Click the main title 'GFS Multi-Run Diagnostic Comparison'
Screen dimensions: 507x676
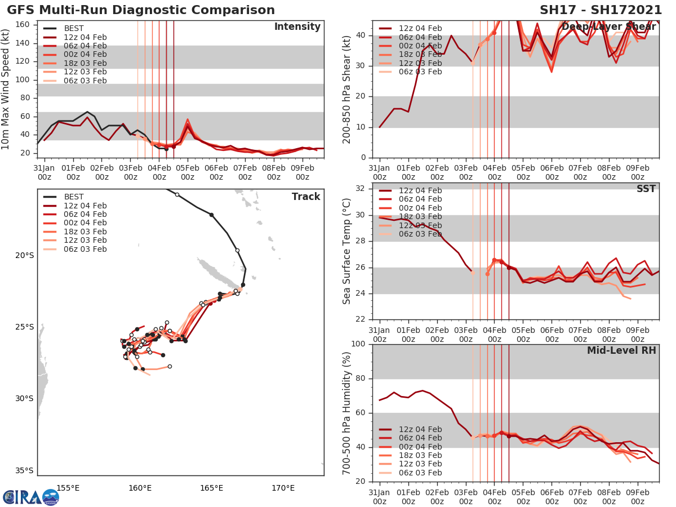point(141,10)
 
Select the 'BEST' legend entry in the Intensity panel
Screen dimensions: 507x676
point(74,28)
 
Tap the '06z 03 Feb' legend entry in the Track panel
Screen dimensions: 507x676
point(85,249)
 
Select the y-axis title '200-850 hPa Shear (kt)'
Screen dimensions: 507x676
point(347,89)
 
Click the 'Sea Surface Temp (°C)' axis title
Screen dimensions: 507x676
point(347,251)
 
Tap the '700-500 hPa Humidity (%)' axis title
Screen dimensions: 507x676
point(347,413)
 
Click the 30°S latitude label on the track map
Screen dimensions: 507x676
point(24,399)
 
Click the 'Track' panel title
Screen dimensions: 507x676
point(306,197)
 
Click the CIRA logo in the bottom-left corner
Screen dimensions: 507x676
point(30,497)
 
